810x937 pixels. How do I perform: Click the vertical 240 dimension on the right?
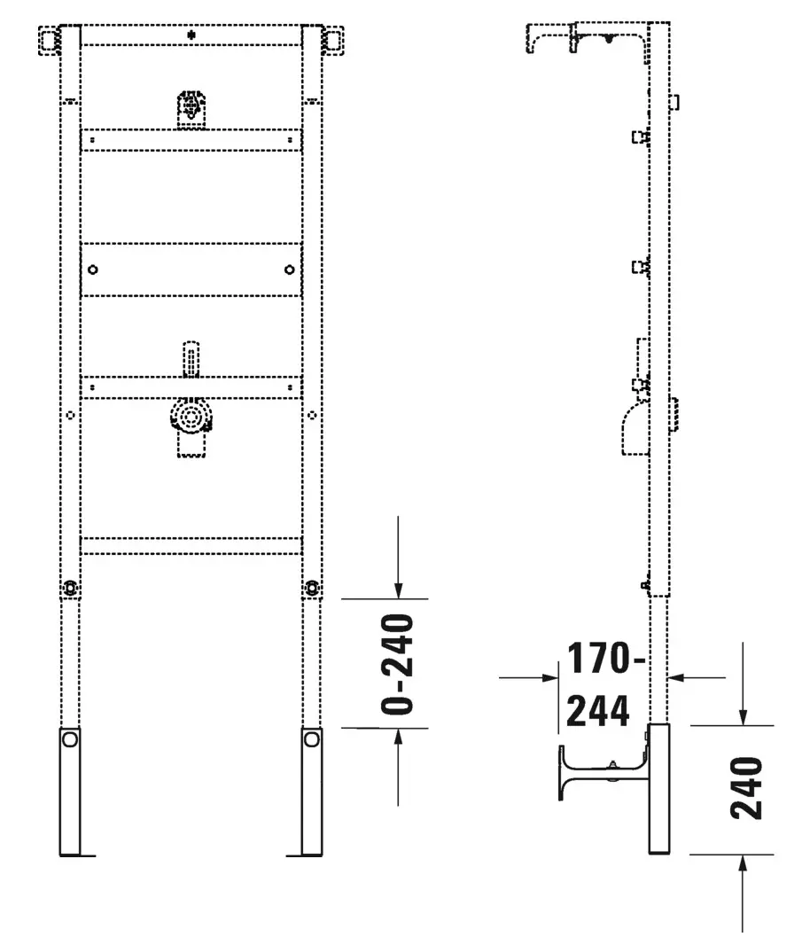pyautogui.click(x=749, y=788)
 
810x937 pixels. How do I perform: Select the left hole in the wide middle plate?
pyautogui.click(x=94, y=269)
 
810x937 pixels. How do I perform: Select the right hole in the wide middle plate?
pyautogui.click(x=289, y=269)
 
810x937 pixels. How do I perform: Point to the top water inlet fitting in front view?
pyautogui.click(x=191, y=108)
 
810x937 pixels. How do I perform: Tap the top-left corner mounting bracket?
pyautogui.click(x=50, y=41)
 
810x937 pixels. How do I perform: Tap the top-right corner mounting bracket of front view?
pyautogui.click(x=333, y=41)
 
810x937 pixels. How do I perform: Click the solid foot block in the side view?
pyautogui.click(x=658, y=788)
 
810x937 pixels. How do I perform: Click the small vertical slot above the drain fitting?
pyautogui.click(x=189, y=360)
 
